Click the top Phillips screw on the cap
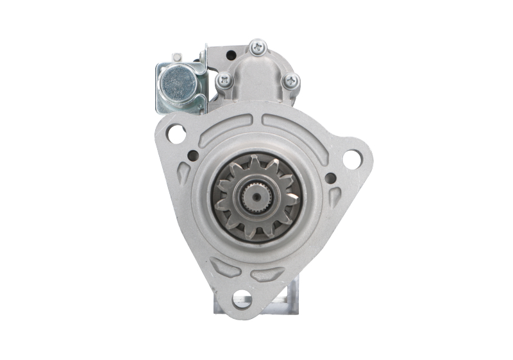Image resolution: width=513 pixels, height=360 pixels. [258, 46]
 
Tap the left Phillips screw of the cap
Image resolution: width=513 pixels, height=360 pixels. [224, 80]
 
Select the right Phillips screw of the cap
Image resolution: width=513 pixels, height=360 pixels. [291, 81]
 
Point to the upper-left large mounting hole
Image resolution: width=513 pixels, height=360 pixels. [176, 133]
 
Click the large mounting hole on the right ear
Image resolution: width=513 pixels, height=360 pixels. [351, 159]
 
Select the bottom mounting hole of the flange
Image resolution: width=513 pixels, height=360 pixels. [242, 297]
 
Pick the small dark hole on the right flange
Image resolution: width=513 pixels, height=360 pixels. [330, 178]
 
